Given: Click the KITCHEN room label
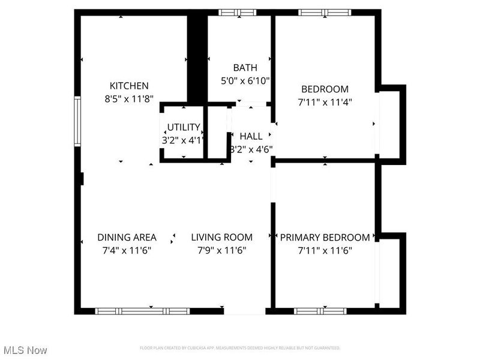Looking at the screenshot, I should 128,86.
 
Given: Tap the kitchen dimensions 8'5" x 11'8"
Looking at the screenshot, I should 128,100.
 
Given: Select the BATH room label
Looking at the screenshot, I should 245,67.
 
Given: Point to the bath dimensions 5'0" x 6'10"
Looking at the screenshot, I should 245,80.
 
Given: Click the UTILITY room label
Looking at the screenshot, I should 183,127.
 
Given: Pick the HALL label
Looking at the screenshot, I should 251,136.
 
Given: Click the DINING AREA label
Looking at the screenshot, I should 127,237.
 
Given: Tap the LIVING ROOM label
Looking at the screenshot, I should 221,237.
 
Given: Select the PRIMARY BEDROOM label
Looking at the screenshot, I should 325,237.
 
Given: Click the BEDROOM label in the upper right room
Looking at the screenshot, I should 324,89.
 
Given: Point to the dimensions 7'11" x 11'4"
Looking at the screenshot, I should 324,102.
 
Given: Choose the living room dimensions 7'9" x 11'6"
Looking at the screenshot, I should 221,251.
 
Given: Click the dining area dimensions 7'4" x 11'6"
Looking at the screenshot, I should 127,251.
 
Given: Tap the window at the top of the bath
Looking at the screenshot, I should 237,12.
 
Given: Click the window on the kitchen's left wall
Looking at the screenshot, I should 77,121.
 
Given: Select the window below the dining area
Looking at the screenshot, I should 143,311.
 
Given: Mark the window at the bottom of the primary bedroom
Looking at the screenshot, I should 320,311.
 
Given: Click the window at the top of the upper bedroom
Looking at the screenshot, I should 322,12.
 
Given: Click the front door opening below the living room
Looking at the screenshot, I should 244,311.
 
